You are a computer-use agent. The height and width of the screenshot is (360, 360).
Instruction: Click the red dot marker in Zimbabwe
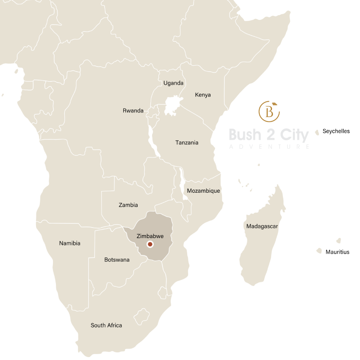coord(150,244)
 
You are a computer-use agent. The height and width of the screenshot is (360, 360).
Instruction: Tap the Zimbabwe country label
coord(150,236)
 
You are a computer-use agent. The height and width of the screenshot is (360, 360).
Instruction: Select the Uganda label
coord(173,83)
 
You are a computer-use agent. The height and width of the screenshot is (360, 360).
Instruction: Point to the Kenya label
coord(202,94)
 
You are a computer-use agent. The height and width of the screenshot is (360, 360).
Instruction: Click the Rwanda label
coord(133,111)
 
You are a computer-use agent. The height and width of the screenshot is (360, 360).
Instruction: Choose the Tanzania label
coord(187,142)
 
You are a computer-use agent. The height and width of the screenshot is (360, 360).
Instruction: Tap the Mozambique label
coord(203,191)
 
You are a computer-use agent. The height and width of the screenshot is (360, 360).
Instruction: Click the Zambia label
coord(128,205)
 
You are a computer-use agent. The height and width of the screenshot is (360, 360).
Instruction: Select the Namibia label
coord(69,243)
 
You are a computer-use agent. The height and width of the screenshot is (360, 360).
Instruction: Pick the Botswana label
coord(117,260)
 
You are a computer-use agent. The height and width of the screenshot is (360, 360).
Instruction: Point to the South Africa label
coord(106,325)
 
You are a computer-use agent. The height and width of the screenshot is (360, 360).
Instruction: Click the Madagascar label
coord(262,226)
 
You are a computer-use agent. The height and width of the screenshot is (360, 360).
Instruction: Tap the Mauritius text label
coord(338,252)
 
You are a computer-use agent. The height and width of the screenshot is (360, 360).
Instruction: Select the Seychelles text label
coord(336,131)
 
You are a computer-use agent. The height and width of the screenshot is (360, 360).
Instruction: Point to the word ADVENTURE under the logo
coord(269,147)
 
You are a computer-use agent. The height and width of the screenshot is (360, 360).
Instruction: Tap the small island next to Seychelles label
coord(317,133)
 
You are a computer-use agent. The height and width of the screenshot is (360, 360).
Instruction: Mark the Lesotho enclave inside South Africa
coord(141,316)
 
